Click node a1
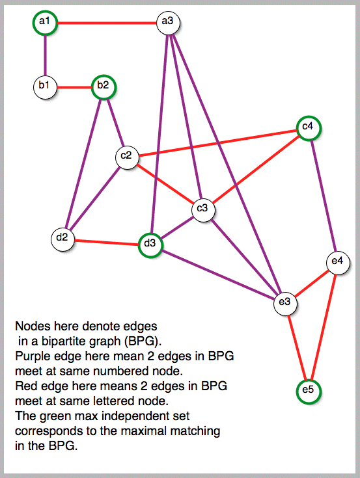tap(45, 23)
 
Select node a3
tap(168, 23)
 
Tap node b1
tap(45, 87)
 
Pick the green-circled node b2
tap(104, 87)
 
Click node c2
tap(127, 157)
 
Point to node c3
tap(203, 210)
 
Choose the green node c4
tap(309, 128)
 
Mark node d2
tap(63, 239)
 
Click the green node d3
tap(150, 245)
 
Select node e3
tap(285, 304)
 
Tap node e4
tap(338, 263)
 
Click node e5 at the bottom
tap(309, 392)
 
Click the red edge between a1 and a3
tap(107, 23)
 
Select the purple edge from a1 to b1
tap(45, 55)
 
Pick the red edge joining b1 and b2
tap(74, 88)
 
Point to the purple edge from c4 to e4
tap(324, 195)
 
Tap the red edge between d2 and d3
tap(107, 243)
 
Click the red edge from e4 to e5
tap(323, 326)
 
